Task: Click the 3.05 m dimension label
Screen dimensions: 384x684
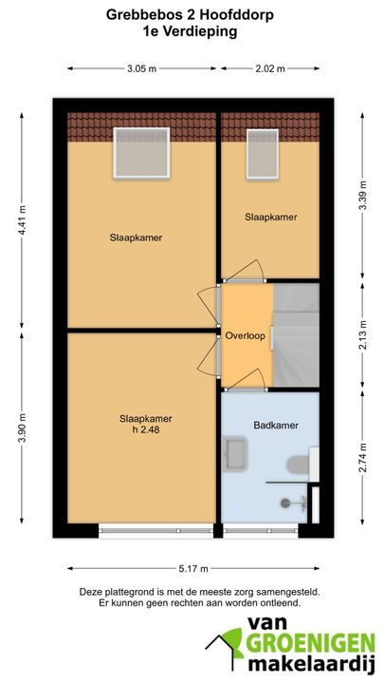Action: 142,68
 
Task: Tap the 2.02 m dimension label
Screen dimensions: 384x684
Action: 270,68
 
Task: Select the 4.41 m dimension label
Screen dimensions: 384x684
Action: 22,220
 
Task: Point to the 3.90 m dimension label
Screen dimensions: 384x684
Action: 22,427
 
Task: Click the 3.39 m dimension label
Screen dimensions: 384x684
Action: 362,195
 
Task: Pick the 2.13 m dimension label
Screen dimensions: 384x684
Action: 362,334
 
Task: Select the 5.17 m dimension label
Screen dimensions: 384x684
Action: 193,568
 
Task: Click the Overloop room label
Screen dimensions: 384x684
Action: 246,336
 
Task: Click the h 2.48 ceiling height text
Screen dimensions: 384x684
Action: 145,429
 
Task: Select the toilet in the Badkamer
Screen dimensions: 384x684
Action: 299,465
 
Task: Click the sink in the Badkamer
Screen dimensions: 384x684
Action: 235,454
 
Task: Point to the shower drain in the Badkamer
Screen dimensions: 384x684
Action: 285,503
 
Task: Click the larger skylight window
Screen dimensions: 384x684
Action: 141,153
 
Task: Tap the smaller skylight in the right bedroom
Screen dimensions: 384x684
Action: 262,154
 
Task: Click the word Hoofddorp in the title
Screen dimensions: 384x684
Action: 237,15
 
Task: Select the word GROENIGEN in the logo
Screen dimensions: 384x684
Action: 310,644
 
